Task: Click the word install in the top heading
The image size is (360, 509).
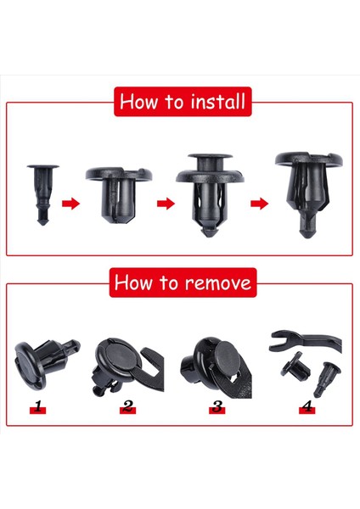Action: [x=216, y=103]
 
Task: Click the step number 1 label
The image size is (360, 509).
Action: [x=37, y=408]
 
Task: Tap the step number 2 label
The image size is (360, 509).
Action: [x=127, y=408]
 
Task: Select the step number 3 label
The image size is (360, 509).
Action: [x=217, y=408]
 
